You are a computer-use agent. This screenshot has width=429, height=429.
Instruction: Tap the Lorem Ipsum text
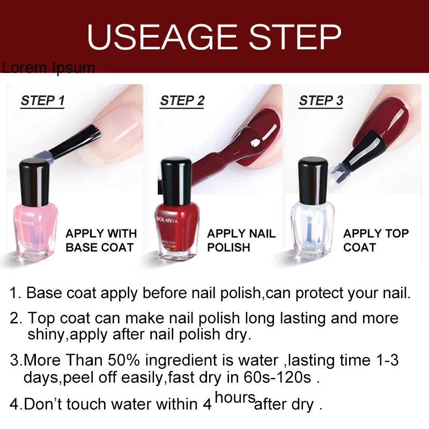pos(48,68)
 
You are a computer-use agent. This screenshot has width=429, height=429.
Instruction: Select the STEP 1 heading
pos(43,100)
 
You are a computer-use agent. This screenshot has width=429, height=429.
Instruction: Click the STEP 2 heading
pos(182,100)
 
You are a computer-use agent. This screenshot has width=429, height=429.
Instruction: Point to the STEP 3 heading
pos(321,100)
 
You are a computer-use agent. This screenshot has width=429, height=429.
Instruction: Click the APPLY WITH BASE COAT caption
pos(101,240)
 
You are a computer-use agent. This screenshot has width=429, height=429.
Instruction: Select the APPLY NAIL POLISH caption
pos(241,240)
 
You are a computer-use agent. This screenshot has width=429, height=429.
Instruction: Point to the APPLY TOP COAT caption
pos(375,240)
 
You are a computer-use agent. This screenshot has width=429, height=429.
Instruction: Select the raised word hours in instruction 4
pos(234,397)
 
